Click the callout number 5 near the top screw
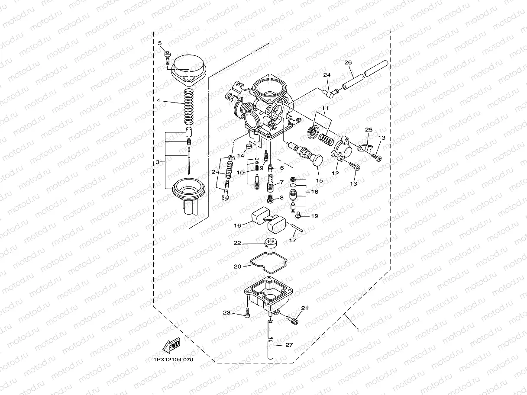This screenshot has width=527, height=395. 159,43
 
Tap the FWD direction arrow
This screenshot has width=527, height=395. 171,346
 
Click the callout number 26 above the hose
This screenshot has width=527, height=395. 348,62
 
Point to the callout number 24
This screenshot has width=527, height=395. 327,75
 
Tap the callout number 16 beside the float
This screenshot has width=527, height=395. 238,225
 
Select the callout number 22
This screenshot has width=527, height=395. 237,244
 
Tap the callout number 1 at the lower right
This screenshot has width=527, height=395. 357,330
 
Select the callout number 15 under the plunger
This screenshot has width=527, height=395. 320,180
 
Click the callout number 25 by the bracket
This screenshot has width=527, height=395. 369,129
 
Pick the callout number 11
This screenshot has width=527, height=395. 325,108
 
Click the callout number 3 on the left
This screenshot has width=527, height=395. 157,162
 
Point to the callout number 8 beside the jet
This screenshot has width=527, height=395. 281,197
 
